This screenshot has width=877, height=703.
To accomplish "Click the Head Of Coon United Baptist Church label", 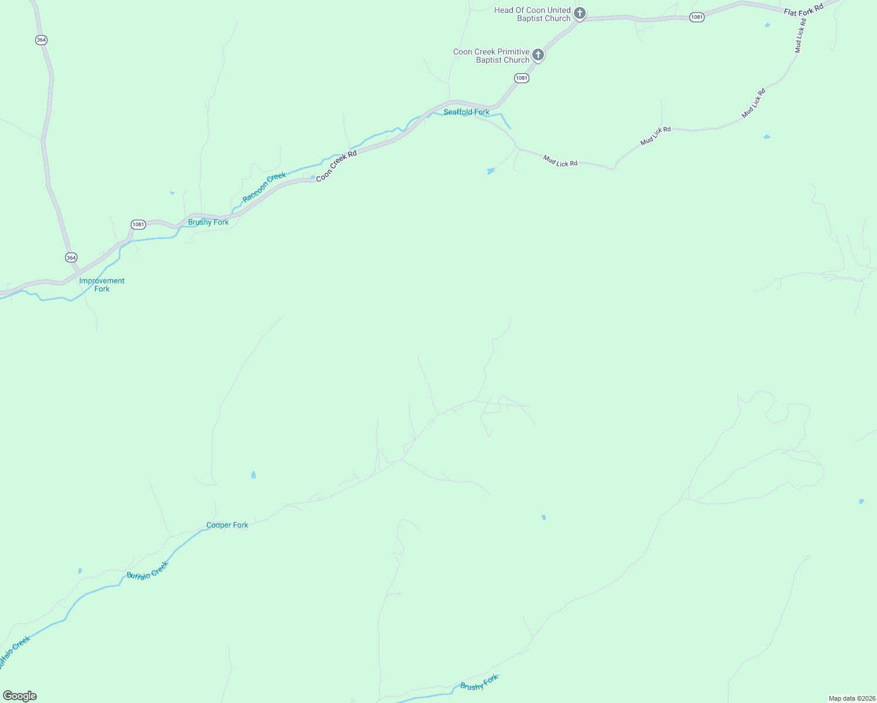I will pyautogui.click(x=532, y=14).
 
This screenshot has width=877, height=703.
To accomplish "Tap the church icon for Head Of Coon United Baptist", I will pyautogui.click(x=580, y=13).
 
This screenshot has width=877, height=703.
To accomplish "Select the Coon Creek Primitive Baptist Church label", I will pyautogui.click(x=491, y=56).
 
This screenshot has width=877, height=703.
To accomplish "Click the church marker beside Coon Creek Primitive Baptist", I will pyautogui.click(x=538, y=55).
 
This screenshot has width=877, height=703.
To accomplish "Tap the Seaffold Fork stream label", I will pyautogui.click(x=466, y=112).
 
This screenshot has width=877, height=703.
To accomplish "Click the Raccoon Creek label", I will pyautogui.click(x=264, y=187).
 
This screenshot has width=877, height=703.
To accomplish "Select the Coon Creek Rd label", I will pyautogui.click(x=336, y=166).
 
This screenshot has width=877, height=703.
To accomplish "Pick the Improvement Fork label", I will pyautogui.click(x=102, y=285).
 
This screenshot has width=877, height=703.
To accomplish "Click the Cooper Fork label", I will pyautogui.click(x=227, y=525).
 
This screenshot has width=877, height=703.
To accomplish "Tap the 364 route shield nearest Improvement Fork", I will pyautogui.click(x=71, y=258).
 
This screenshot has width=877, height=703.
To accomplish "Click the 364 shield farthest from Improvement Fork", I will pyautogui.click(x=40, y=40).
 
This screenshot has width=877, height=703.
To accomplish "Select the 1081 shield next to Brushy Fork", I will pyautogui.click(x=138, y=224).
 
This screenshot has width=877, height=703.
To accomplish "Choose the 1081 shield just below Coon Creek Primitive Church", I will pyautogui.click(x=522, y=78).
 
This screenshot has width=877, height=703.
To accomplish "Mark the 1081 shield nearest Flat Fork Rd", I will pyautogui.click(x=696, y=17).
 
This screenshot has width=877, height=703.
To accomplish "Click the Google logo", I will pyautogui.click(x=20, y=696).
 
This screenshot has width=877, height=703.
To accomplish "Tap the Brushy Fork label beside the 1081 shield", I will pyautogui.click(x=208, y=222).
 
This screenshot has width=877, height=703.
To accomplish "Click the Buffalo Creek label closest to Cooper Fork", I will pyautogui.click(x=148, y=570).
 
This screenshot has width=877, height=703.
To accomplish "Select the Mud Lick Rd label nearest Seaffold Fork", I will pyautogui.click(x=560, y=161).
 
